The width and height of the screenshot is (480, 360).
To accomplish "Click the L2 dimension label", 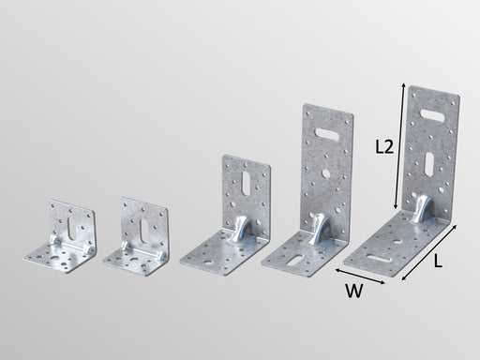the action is point(384,146).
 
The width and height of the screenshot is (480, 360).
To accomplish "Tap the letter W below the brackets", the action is point(354,291).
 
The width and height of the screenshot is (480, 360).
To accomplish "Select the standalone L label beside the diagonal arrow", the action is point(438,261).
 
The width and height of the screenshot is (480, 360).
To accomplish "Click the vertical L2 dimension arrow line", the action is point(399,145).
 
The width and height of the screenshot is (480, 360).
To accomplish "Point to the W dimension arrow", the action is point(360,277).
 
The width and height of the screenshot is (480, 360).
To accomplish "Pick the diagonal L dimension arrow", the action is point(428,252).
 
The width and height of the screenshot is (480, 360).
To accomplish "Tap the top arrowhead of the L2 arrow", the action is point(404,85).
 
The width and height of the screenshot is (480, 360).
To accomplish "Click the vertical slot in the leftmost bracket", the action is point(71,229).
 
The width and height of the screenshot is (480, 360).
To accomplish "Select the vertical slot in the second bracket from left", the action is point(144,231).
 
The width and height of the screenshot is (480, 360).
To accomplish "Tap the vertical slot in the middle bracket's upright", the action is point(246,184).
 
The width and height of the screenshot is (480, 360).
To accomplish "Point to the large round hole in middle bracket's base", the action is point(208,262).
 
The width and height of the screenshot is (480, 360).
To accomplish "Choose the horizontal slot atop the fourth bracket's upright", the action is point(326,133).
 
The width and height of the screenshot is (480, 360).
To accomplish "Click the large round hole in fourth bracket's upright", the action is point(325,172).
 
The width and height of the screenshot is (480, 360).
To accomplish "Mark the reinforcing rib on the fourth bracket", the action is point(320,230).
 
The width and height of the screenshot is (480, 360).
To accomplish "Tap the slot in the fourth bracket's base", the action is point(295,261).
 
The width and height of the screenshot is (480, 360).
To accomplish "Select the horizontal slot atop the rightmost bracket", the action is point(432,115).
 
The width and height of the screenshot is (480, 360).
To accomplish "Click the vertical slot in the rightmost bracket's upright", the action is point(429,164).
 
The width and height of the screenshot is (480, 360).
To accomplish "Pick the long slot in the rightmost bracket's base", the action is point(380,259).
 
